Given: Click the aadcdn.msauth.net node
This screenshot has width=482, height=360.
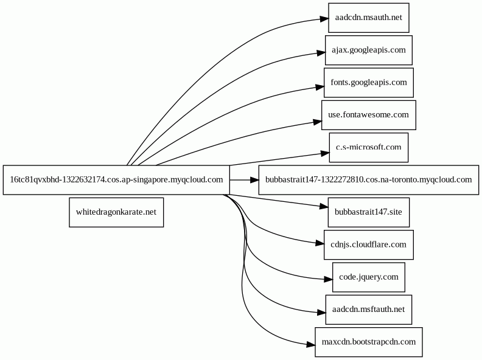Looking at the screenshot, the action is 369,18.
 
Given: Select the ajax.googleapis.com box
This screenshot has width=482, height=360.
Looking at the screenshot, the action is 369,50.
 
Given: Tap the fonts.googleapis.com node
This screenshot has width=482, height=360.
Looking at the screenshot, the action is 369,83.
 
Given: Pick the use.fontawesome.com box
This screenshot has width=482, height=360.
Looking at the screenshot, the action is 369,115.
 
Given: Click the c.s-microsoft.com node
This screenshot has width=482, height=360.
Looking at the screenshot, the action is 369,147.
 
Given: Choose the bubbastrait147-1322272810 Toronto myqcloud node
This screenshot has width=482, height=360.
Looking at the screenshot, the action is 369,180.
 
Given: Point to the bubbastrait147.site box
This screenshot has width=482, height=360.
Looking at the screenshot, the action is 369,212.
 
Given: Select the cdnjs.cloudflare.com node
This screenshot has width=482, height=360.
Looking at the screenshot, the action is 369,245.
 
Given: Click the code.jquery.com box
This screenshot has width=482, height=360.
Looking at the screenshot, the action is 369,277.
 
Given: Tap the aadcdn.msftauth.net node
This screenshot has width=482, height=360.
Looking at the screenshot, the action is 369,310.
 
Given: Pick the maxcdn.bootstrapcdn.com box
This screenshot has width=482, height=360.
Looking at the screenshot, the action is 369,342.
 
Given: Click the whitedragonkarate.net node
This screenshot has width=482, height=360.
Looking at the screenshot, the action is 116,212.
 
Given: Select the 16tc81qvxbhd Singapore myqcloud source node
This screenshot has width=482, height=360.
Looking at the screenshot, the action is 116,180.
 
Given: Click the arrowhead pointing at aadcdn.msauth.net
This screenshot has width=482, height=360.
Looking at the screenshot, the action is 324,19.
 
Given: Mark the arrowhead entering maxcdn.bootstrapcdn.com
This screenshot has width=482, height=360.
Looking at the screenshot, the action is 311,345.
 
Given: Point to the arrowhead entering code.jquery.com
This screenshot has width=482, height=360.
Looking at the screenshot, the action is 328,279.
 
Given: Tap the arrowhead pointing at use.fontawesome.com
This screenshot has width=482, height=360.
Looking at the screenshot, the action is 318,122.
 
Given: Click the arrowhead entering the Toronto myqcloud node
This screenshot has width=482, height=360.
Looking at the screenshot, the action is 254,180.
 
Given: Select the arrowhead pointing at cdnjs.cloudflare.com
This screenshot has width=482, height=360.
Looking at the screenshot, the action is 320,244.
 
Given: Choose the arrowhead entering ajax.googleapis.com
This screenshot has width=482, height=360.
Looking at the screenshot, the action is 321,53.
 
